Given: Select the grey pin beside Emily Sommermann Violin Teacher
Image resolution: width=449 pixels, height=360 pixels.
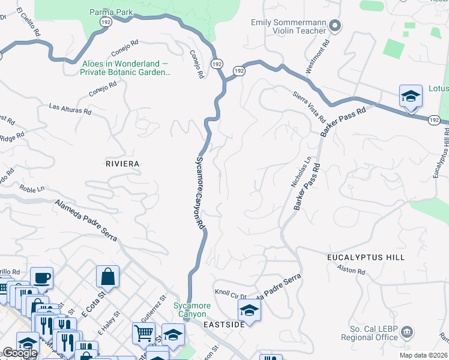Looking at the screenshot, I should point(335,26).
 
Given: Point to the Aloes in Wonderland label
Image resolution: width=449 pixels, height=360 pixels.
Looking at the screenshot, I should point(125,68).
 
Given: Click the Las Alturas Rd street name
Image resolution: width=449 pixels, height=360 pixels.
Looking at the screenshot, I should point(70,109).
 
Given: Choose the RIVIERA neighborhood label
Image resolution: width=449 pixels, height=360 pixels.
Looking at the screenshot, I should point(122,164).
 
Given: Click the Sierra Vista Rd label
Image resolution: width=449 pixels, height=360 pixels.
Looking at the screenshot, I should point(309,106).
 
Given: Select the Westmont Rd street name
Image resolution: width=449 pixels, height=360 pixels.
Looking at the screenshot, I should point(318,57).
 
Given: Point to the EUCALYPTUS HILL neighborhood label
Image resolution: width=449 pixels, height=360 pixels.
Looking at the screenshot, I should point(366,257).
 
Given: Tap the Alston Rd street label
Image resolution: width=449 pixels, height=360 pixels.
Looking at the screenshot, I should point(351,271).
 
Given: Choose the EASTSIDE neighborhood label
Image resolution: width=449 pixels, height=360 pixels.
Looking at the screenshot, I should point(223,325).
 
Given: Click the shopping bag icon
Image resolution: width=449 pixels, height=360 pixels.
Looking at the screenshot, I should point(107,277).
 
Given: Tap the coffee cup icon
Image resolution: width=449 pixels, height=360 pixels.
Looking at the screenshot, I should point(41,278).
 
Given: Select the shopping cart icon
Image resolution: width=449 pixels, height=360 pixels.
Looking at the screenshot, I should point(143,332).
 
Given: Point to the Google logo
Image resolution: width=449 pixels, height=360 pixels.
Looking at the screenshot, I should point(19,353).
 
